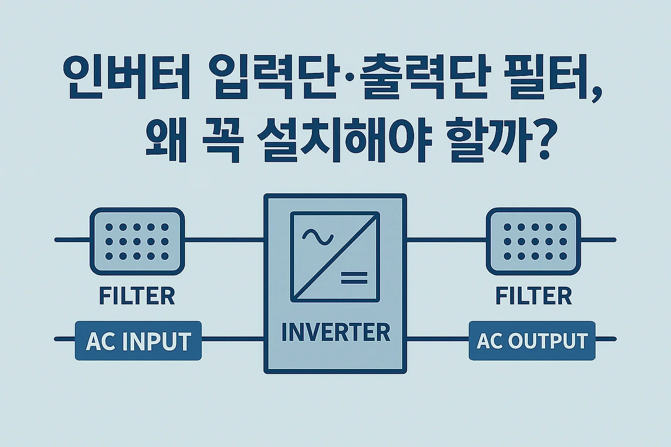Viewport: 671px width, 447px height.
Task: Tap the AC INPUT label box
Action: coord(138,341)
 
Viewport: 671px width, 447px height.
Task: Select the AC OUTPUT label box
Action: coord(532,341)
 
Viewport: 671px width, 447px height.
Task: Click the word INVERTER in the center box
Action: coord(335,332)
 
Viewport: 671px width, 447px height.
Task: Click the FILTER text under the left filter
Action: coord(137,296)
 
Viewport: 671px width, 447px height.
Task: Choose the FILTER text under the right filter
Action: coord(533,296)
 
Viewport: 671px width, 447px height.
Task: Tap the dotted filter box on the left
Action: coord(137,241)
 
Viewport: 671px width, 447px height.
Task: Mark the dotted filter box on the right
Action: coord(533,241)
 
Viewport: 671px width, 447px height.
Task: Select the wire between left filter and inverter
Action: coord(224,240)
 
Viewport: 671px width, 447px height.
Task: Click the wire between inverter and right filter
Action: coord(446,240)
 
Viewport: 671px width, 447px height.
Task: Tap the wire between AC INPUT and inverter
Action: coord(232,339)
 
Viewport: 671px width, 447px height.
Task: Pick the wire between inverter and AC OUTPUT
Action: coord(437,339)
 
